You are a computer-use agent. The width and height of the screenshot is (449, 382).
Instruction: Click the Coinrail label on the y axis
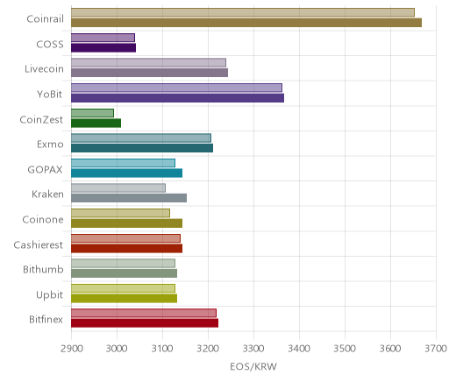click(45, 19)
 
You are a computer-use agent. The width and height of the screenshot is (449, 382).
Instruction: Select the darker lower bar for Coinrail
click(246, 23)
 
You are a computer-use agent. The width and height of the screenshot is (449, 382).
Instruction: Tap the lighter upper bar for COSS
click(103, 38)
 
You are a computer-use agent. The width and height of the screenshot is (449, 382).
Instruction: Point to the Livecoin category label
click(44, 69)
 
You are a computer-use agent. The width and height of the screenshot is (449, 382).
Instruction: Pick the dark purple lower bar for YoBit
click(177, 98)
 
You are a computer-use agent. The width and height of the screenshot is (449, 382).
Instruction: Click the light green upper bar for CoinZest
click(92, 113)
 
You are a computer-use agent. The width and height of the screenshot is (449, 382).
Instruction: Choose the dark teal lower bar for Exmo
click(142, 148)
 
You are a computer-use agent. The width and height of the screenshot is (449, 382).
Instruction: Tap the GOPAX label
click(45, 170)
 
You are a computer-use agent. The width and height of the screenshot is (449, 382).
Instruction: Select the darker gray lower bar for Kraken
click(129, 198)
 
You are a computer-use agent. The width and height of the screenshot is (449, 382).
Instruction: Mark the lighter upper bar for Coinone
click(120, 213)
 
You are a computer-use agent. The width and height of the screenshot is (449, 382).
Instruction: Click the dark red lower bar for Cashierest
click(126, 248)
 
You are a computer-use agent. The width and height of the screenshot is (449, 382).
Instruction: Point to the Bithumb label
click(43, 269)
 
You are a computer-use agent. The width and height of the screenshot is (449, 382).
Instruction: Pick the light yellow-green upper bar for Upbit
click(123, 288)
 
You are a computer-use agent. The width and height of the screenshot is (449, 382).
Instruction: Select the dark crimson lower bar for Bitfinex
click(145, 323)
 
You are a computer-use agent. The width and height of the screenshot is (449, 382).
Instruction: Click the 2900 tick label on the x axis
click(71, 349)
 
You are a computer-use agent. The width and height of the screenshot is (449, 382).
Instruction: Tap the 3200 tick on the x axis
click(208, 349)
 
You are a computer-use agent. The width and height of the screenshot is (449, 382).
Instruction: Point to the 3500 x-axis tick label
click(345, 349)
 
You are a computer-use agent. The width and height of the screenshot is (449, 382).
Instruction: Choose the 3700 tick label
click(436, 349)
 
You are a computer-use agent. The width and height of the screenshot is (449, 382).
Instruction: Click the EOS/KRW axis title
click(253, 366)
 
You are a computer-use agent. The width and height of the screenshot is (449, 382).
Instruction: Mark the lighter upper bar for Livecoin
click(148, 63)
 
